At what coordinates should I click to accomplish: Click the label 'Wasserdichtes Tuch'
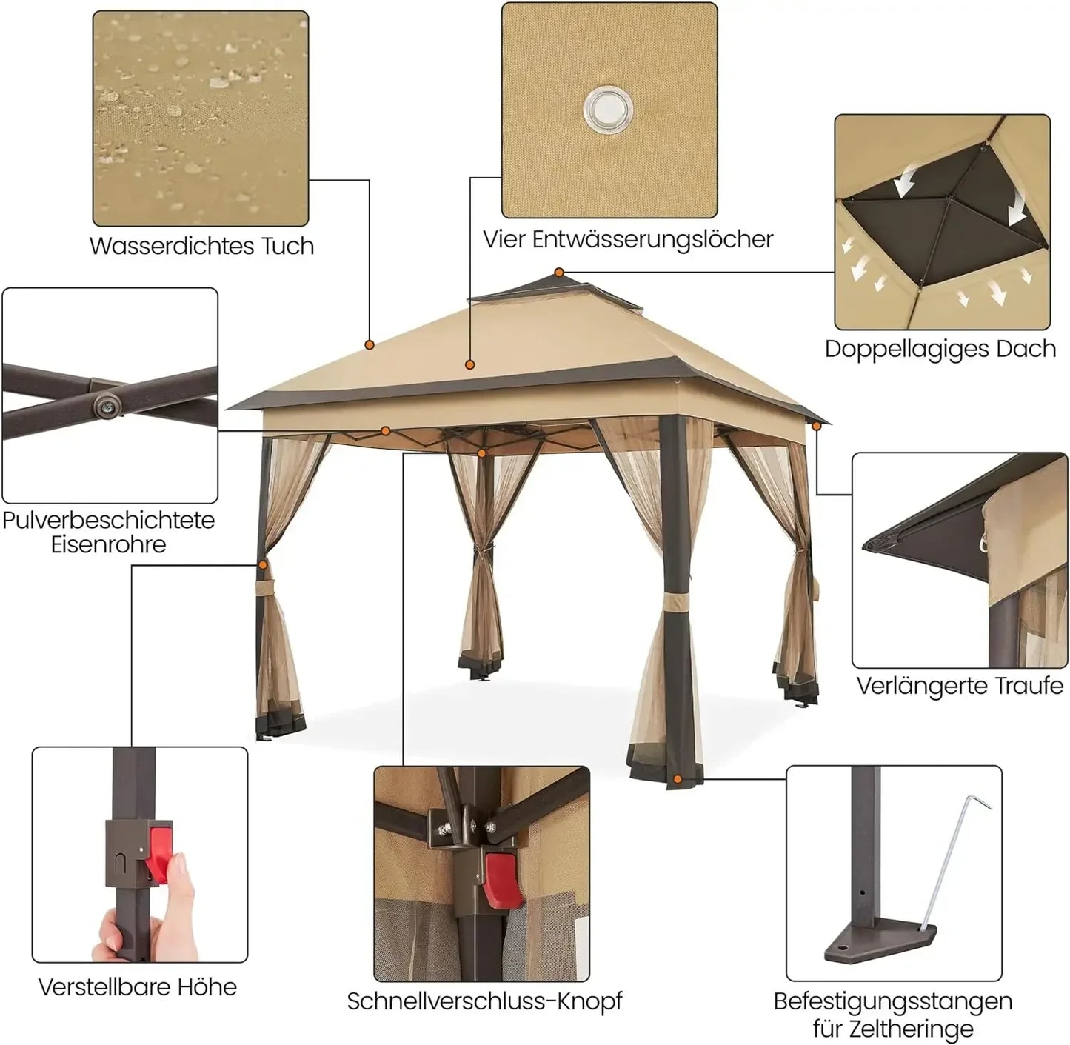pyautogui.click(x=201, y=246)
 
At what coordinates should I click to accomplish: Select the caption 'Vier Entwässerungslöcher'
pyautogui.click(x=628, y=239)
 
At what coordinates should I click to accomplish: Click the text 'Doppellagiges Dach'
pyautogui.click(x=940, y=349)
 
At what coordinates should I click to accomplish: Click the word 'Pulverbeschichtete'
pyautogui.click(x=108, y=520)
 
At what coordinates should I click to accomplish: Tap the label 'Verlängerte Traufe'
pyautogui.click(x=960, y=686)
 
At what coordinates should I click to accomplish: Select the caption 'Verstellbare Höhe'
pyautogui.click(x=138, y=986)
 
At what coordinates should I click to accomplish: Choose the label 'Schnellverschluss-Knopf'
pyautogui.click(x=484, y=1001)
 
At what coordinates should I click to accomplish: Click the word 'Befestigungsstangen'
pyautogui.click(x=892, y=1001)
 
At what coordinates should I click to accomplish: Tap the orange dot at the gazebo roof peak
pyautogui.click(x=559, y=273)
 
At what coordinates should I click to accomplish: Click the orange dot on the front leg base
pyautogui.click(x=678, y=779)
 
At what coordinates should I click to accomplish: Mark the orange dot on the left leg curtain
pyautogui.click(x=263, y=564)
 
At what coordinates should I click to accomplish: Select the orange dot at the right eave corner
pyautogui.click(x=817, y=426)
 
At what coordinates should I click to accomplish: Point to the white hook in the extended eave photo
pyautogui.click(x=984, y=543)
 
